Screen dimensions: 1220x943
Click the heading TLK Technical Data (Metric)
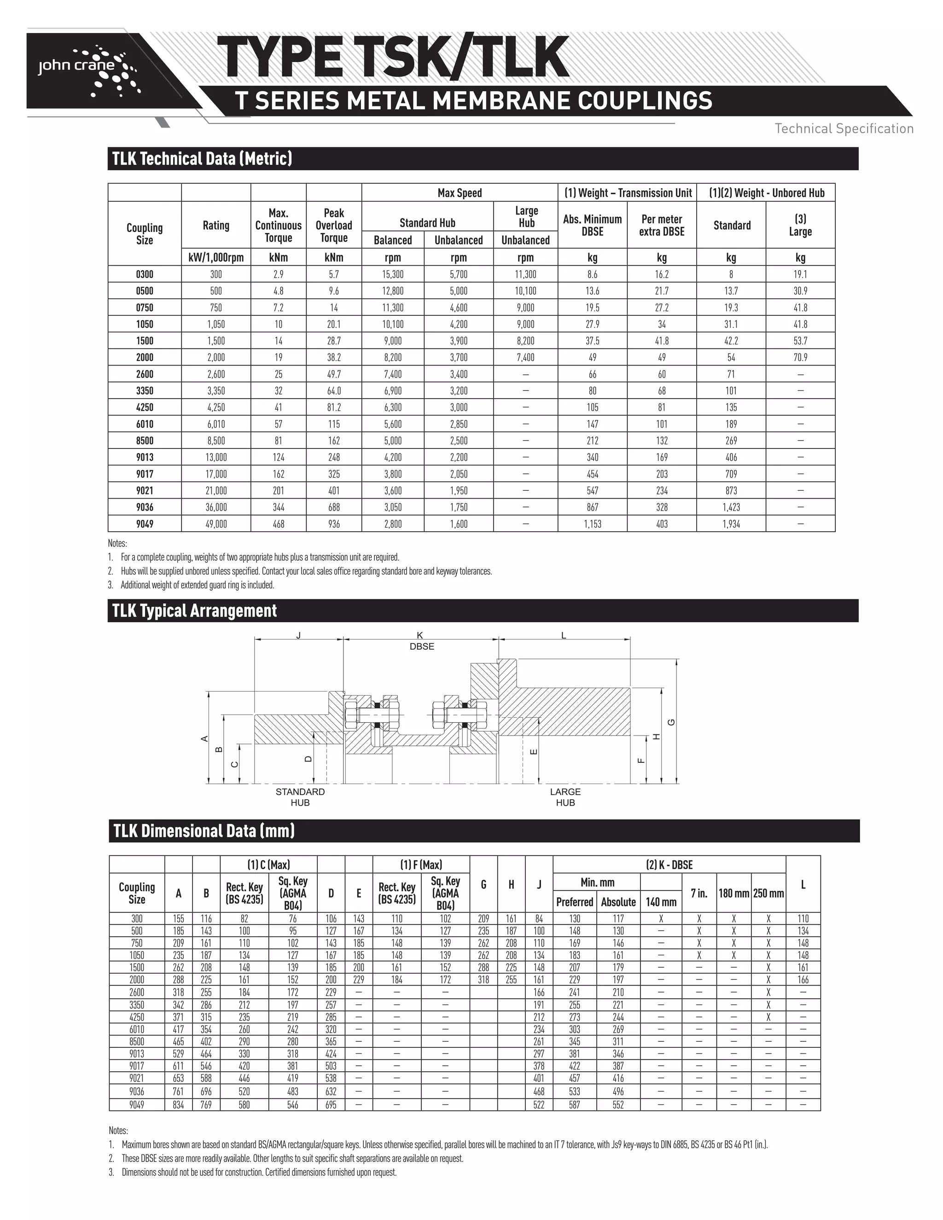[202, 159]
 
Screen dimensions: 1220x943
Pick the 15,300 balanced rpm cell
[393, 274]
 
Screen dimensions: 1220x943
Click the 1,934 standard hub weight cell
[731, 524]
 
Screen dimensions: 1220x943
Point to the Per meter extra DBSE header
[662, 225]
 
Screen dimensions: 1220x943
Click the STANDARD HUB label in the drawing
[300, 796]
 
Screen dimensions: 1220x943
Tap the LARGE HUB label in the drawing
[565, 796]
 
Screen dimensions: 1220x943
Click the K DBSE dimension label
[421, 641]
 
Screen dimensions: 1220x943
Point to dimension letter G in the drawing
[672, 722]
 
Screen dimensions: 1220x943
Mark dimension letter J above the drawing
[298, 635]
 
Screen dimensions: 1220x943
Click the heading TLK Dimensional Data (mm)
[204, 831]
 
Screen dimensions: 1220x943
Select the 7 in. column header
[699, 893]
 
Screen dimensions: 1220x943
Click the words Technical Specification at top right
[844, 128]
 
